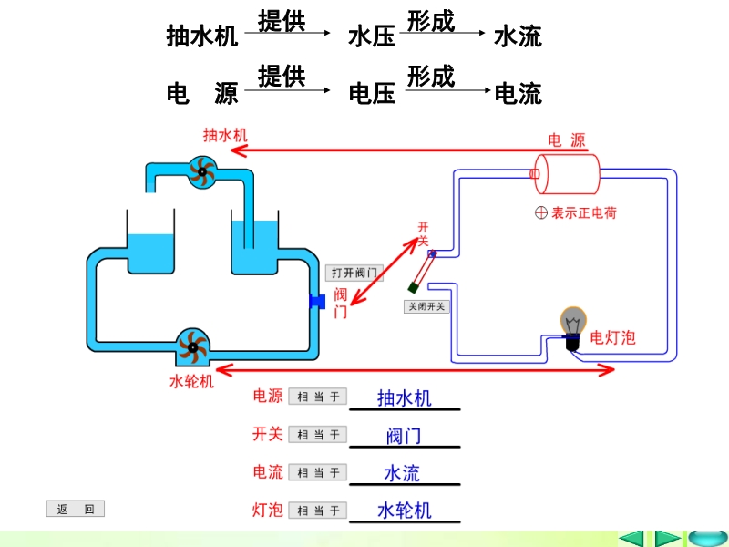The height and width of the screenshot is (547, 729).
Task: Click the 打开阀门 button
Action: (x=354, y=273)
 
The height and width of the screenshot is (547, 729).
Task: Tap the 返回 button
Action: (x=76, y=510)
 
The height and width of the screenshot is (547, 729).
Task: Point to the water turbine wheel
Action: (x=192, y=346)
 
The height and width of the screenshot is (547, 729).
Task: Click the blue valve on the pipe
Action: (x=317, y=301)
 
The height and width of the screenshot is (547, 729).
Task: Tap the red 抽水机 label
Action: (x=225, y=135)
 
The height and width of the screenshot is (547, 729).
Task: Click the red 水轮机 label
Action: (x=192, y=380)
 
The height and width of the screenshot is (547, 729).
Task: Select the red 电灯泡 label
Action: (x=613, y=337)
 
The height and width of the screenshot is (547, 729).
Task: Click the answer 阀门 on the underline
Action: (x=404, y=436)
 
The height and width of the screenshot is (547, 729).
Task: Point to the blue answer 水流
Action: (x=402, y=473)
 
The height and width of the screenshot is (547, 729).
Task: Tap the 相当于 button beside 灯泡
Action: (x=317, y=511)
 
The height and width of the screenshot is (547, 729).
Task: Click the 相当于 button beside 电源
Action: (x=317, y=397)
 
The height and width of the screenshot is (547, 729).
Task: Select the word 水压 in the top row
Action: (x=372, y=36)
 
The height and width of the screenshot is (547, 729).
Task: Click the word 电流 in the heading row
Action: (x=518, y=93)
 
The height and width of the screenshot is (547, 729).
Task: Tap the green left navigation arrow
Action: (x=631, y=538)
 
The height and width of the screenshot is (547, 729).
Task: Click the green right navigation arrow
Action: (x=668, y=538)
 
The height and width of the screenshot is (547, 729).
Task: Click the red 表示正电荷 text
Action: (x=583, y=212)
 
